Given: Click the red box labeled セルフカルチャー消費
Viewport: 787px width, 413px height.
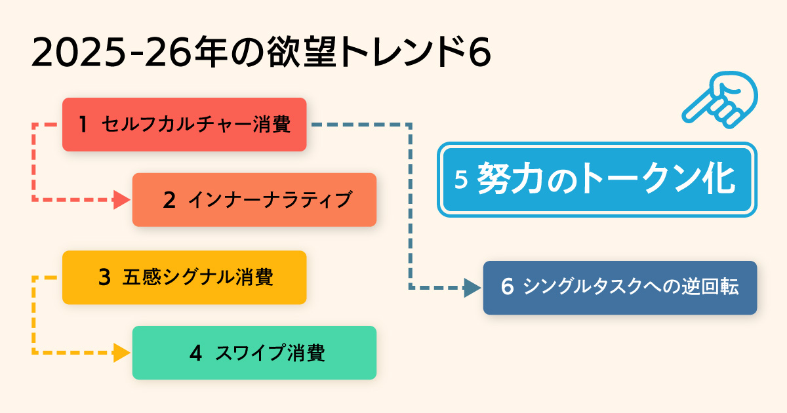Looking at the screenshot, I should click(184, 125).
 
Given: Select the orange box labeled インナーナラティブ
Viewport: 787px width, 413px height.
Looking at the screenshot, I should click(254, 200).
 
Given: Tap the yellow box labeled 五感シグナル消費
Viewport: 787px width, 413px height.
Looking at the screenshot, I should click(184, 277).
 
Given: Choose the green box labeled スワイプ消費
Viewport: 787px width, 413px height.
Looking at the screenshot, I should click(254, 353).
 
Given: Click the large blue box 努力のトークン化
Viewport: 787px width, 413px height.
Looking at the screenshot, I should click(597, 180).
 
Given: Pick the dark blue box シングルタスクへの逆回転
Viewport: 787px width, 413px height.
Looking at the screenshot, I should click(620, 288).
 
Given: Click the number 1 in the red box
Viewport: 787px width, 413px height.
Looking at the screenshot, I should click(83, 125).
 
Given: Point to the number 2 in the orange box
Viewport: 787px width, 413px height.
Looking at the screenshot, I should click(169, 200).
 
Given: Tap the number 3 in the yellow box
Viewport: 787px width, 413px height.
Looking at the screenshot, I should click(104, 277).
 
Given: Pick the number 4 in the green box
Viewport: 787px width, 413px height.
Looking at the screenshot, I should click(195, 353).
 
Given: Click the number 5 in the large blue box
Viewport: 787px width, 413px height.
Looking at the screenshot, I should click(460, 180).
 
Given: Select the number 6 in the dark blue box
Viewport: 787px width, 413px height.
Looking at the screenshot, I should click(506, 288).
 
